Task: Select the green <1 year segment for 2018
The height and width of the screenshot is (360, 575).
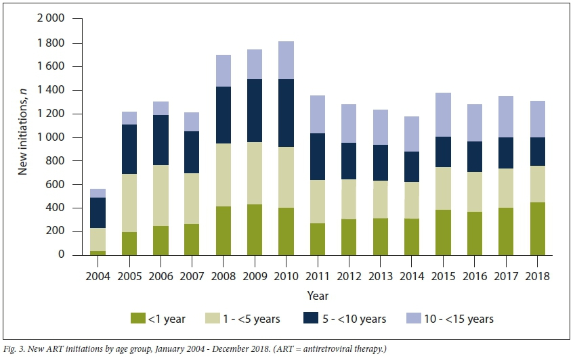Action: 537,228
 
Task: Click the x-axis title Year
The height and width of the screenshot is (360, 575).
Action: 317,295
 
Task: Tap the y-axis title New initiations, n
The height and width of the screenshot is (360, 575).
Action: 23,136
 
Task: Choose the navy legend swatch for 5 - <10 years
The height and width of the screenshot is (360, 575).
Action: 328,318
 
